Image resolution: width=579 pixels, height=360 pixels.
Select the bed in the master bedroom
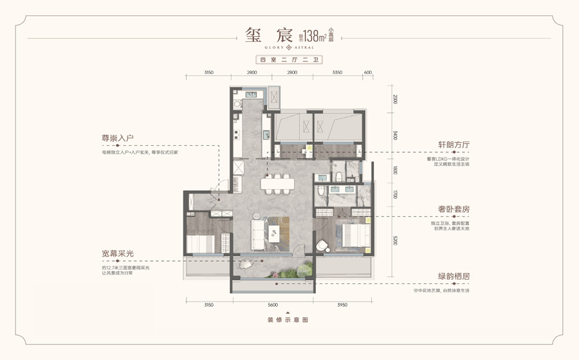click(x=350, y=235)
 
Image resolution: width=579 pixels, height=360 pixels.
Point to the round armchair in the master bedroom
click(x=322, y=246)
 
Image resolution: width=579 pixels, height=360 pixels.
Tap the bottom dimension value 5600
click(x=273, y=305)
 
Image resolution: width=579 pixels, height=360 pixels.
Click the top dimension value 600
click(x=368, y=73)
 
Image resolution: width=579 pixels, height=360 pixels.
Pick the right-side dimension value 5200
click(x=396, y=241)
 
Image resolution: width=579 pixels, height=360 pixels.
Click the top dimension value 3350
click(x=338, y=73)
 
